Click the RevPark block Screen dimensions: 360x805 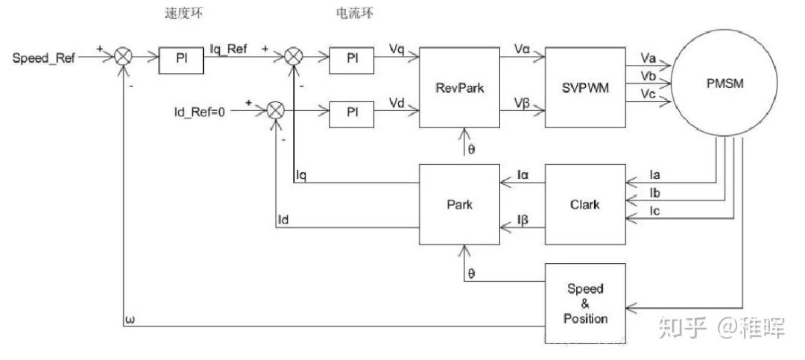tap(460, 88)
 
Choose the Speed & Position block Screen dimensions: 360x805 tap(585, 303)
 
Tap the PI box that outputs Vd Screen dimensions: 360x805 tap(352, 111)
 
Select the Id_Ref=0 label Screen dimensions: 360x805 tap(198, 112)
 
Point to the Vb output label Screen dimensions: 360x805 tap(648, 77)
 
